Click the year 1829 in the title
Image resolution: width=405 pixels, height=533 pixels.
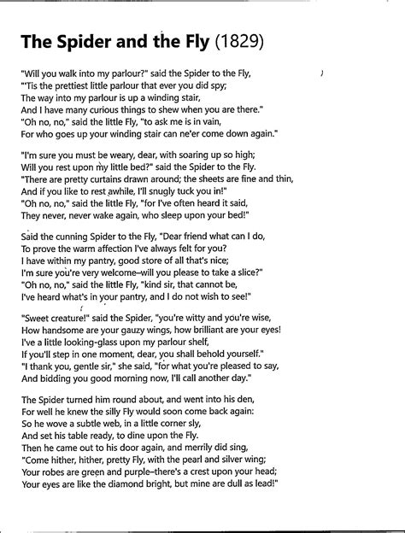(241, 41)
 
